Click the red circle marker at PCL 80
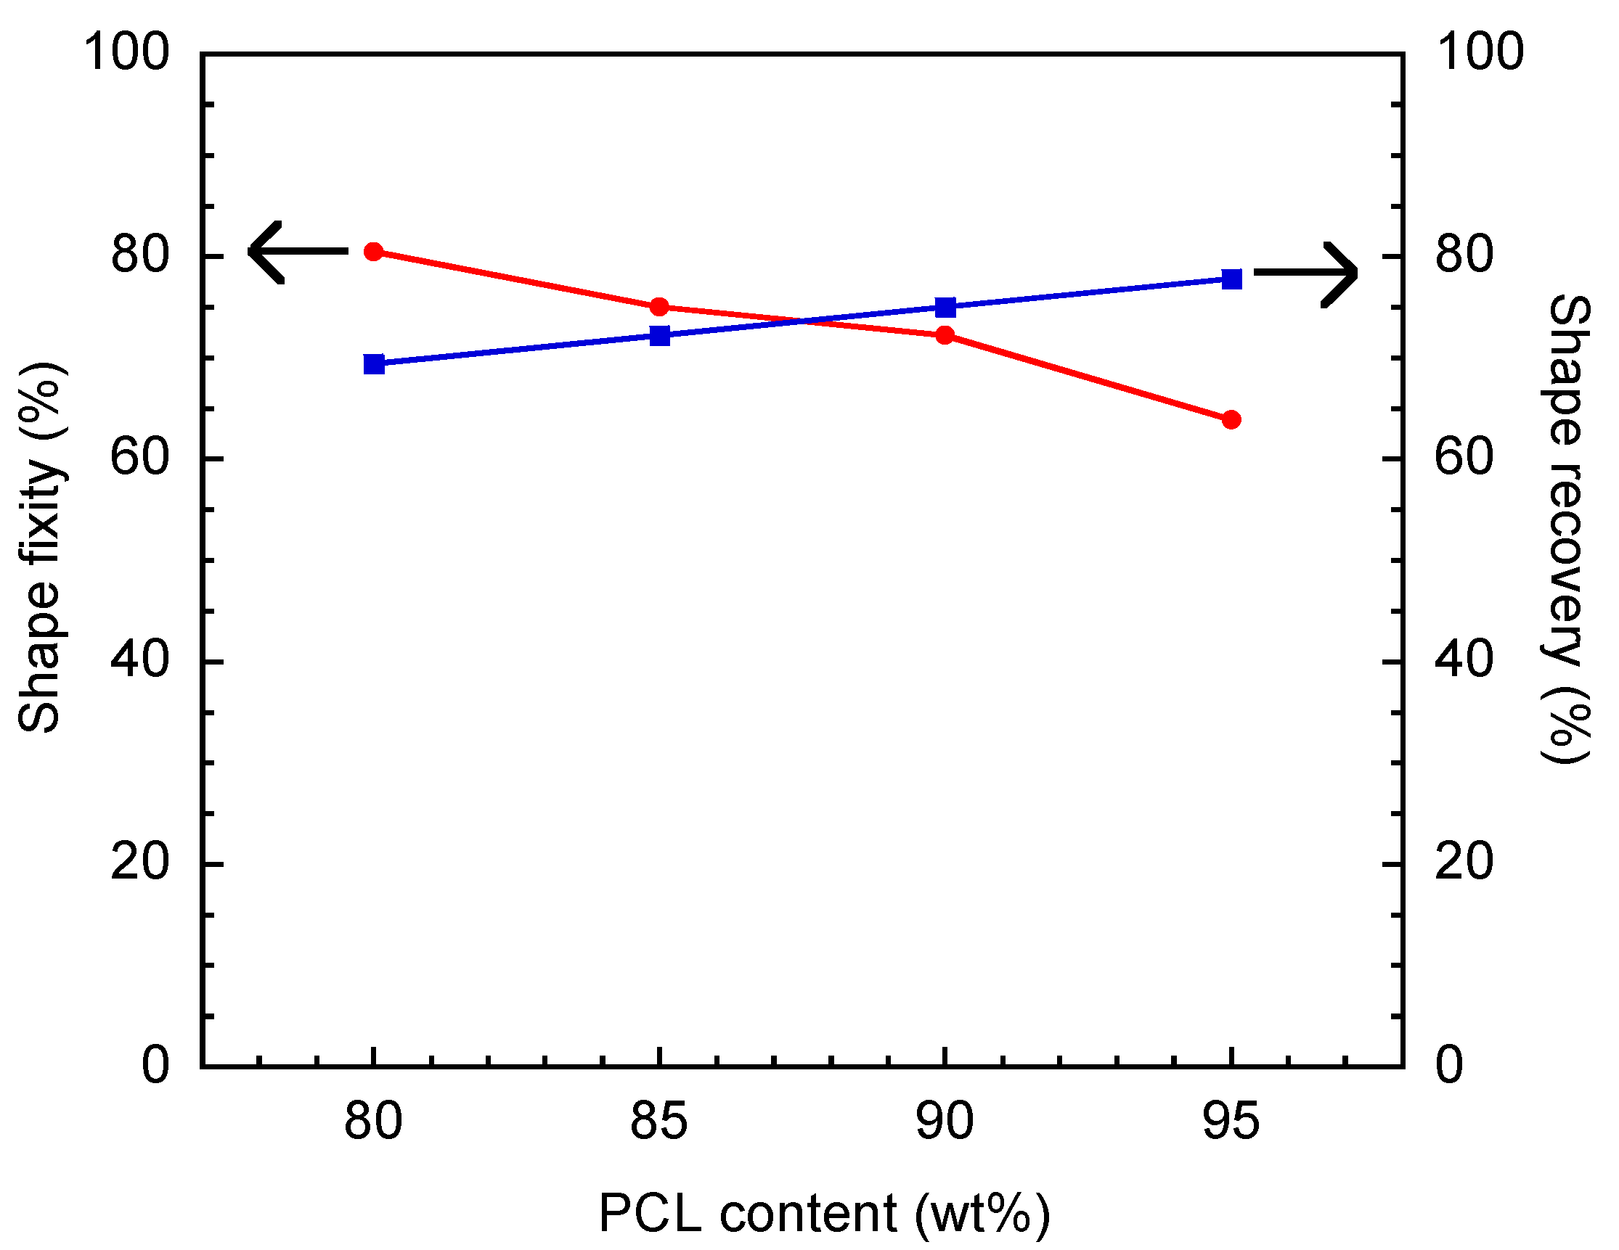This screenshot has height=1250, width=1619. coord(375,252)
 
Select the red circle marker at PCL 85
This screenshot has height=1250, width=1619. coord(660,307)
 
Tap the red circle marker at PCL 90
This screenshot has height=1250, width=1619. coord(945,336)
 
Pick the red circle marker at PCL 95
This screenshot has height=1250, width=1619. coord(1231,420)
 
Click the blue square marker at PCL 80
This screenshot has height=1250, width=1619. coord(375,363)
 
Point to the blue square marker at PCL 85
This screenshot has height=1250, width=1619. coord(660,336)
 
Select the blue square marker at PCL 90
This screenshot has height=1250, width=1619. coord(945,308)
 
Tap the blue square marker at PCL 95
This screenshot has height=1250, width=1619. coord(1231,279)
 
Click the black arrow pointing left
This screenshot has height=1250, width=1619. coord(296,252)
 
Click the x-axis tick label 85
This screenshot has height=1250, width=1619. coord(659,1121)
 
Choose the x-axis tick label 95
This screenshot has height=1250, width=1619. coord(1231,1121)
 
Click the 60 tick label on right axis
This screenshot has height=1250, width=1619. coord(1464,457)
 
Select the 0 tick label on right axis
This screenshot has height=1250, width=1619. coord(1449,1066)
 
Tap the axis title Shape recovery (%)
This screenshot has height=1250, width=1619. coord(1568,530)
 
